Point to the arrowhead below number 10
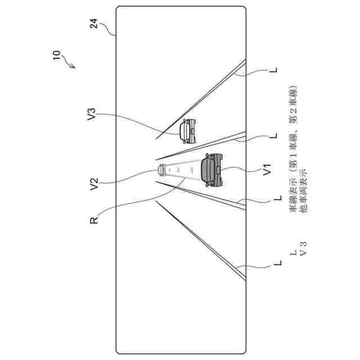click(73, 66)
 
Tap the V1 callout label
click(268, 168)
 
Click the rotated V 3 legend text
click(304, 247)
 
